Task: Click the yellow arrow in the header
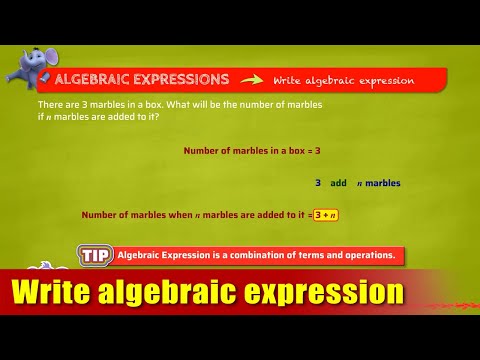click(x=252, y=79)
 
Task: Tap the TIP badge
click(x=95, y=255)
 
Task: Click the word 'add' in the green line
click(x=338, y=183)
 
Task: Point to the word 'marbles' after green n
click(x=382, y=183)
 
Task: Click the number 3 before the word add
click(x=318, y=183)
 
